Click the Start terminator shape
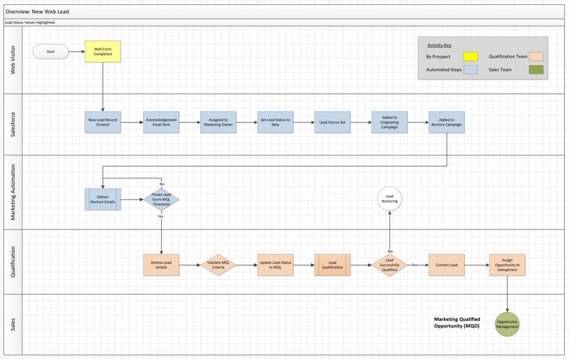tap(51, 52)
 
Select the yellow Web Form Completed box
tap(103, 52)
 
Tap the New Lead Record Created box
tap(103, 122)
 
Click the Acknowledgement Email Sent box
tap(161, 122)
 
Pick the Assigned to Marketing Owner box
tap(218, 122)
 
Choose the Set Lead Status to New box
tap(275, 122)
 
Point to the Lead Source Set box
tap(332, 122)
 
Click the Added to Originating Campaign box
tap(389, 122)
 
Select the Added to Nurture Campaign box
tap(446, 122)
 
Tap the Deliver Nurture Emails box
tap(103, 199)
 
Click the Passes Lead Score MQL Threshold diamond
tap(161, 199)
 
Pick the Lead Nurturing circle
tap(389, 199)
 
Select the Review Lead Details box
tap(161, 265)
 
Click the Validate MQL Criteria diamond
tap(218, 265)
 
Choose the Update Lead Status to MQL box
tap(275, 265)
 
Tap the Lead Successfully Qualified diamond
tap(389, 265)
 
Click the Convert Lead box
tap(446, 265)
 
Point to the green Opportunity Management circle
tap(507, 324)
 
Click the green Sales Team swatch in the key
tap(536, 70)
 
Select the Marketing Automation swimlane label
tap(13, 192)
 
